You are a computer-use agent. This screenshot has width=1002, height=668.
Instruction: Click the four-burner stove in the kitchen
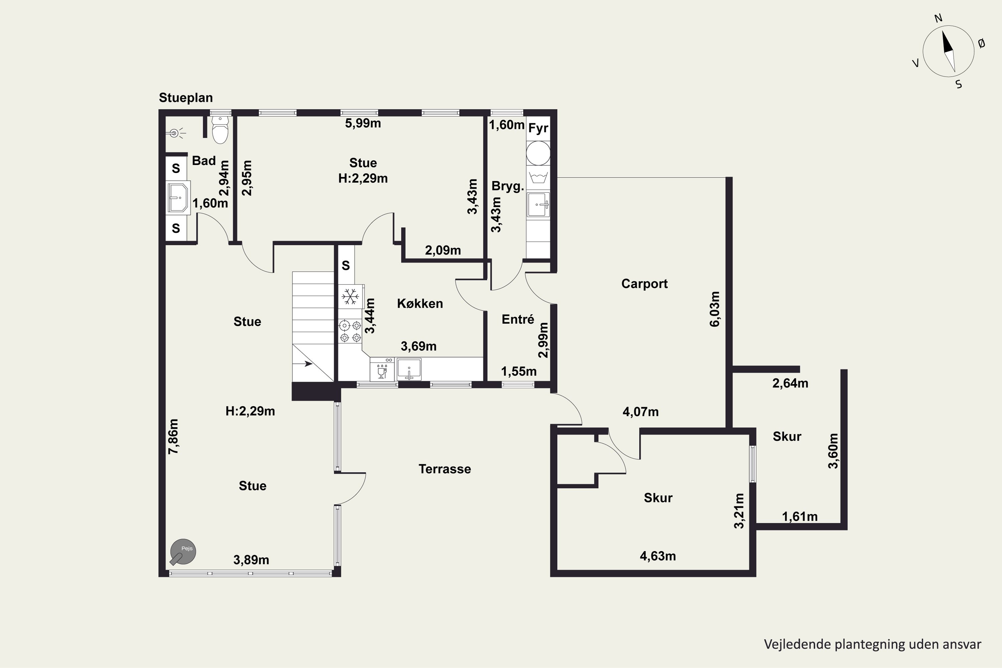[350, 331]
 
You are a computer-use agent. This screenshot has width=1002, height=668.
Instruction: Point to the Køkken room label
[420, 303]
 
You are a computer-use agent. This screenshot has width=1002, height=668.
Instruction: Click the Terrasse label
[445, 469]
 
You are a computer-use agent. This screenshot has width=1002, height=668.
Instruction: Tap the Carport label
[645, 284]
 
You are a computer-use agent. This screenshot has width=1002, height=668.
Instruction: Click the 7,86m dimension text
[173, 436]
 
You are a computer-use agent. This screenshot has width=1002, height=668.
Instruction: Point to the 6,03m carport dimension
[714, 309]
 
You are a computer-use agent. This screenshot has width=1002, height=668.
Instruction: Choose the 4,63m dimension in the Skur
[658, 556]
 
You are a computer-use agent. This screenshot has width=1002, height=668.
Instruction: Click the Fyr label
[538, 128]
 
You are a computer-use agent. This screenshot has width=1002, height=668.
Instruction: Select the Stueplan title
[186, 98]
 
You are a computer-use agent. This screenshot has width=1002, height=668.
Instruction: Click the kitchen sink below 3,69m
[409, 369]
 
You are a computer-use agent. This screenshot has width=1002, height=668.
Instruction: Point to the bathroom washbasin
[178, 198]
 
